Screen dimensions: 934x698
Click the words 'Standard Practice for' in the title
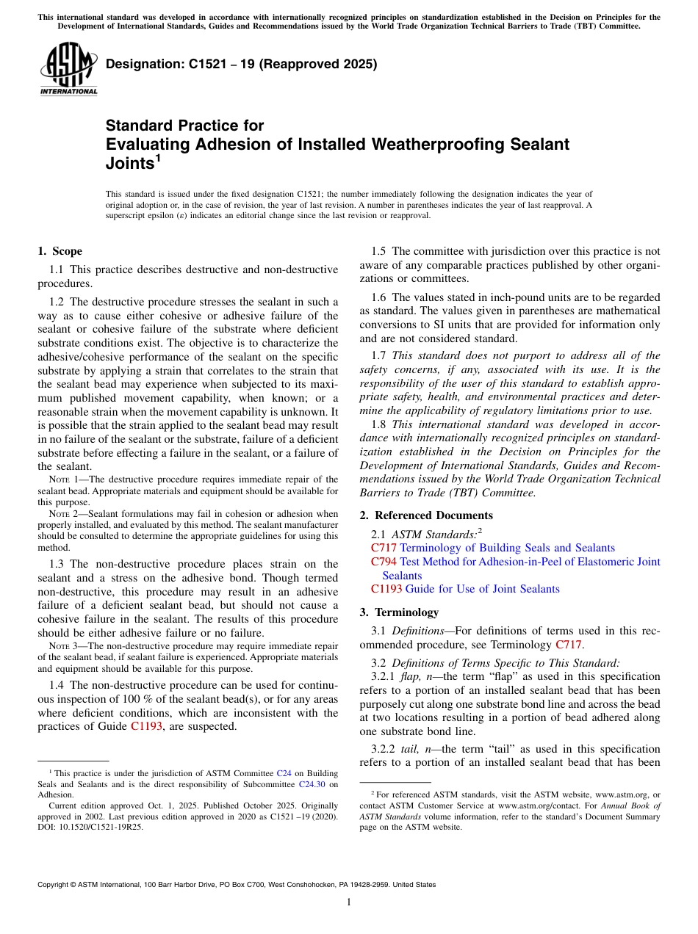[184, 126]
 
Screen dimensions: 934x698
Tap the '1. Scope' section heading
[60, 251]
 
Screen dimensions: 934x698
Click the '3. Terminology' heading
[406, 612]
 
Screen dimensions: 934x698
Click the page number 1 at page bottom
[349, 902]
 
